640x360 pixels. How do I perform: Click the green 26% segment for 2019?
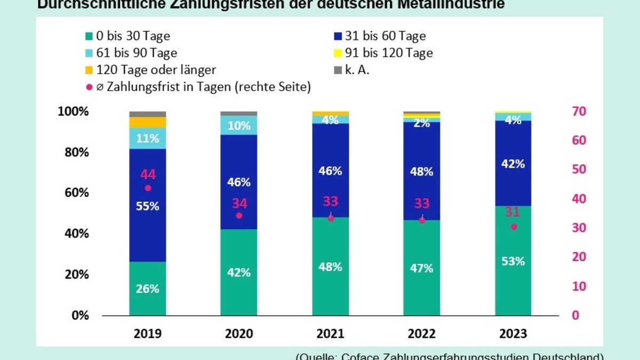pos(148,289)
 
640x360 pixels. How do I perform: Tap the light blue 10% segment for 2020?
pos(239,125)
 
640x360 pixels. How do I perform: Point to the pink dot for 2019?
pos(148,188)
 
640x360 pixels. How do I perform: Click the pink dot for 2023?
pos(514,227)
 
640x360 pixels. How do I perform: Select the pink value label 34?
pos(239,203)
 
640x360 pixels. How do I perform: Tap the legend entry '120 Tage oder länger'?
pos(155,70)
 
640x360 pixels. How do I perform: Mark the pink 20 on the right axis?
pos(579,257)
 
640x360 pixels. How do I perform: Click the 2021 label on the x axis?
pos(330,334)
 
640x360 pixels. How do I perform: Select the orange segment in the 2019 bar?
pos(148,122)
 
